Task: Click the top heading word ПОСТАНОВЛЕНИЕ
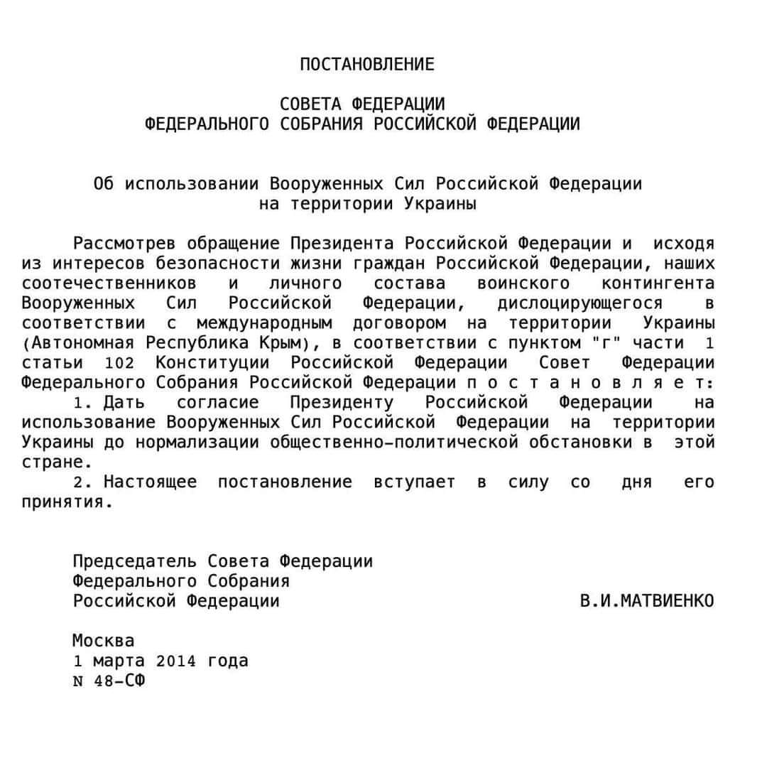click(366, 65)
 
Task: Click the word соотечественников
click(109, 283)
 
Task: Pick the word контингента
click(658, 283)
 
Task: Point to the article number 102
click(119, 363)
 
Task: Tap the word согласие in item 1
click(218, 403)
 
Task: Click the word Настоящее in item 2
click(151, 482)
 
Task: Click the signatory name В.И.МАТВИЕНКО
click(647, 601)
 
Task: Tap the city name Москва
click(103, 641)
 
